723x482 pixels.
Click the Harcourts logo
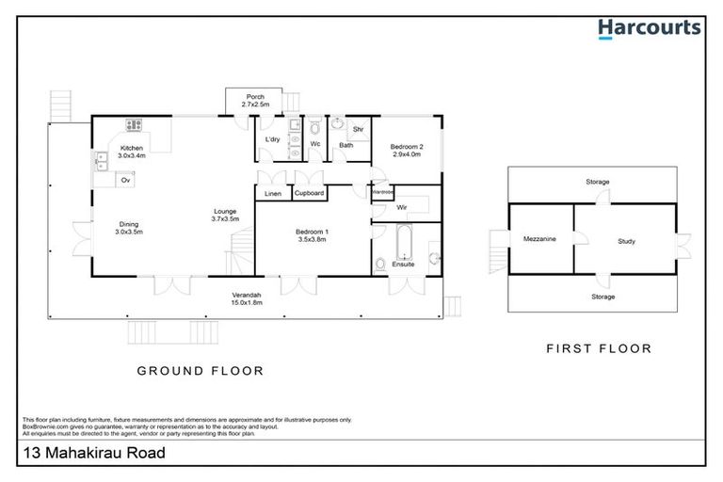tap(649, 27)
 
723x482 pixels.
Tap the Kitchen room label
tap(131, 148)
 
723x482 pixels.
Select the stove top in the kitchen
tap(134, 124)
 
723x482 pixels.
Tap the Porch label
tap(255, 97)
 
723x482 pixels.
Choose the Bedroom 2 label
tap(408, 146)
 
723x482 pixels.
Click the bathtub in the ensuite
tap(403, 243)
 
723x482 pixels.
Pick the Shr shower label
tap(358, 129)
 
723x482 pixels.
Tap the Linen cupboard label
tap(273, 193)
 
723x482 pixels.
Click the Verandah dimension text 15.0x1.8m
tap(246, 304)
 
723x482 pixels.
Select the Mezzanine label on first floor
tap(539, 239)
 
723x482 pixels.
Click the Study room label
tap(626, 241)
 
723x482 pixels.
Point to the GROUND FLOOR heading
tap(201, 371)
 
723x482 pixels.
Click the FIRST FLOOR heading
tap(599, 348)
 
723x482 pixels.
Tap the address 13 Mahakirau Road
tap(93, 454)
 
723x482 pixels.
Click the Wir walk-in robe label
tap(401, 206)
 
